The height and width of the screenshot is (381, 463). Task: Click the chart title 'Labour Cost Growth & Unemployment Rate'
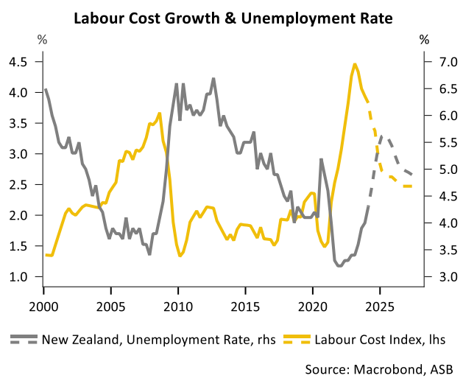pyautogui.click(x=233, y=18)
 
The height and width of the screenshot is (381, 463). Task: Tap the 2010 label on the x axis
pyautogui.click(x=178, y=307)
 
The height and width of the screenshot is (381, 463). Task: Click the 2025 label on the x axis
pyautogui.click(x=380, y=307)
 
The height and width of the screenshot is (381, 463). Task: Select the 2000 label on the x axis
pyautogui.click(x=43, y=307)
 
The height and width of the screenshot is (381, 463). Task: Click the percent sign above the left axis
pyautogui.click(x=42, y=39)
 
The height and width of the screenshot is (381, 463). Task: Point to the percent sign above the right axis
pyautogui.click(x=424, y=39)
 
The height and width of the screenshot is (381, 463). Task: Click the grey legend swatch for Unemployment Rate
pyautogui.click(x=24, y=339)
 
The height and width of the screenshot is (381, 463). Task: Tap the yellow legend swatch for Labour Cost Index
pyautogui.click(x=297, y=339)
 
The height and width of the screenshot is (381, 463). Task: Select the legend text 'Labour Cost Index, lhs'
pyautogui.click(x=380, y=340)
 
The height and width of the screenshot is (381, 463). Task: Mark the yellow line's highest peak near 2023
pyautogui.click(x=355, y=64)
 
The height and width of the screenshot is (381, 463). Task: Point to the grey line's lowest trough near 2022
pyautogui.click(x=340, y=266)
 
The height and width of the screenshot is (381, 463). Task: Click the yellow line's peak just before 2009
pyautogui.click(x=160, y=113)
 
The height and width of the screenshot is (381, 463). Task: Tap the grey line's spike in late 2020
pyautogui.click(x=321, y=160)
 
